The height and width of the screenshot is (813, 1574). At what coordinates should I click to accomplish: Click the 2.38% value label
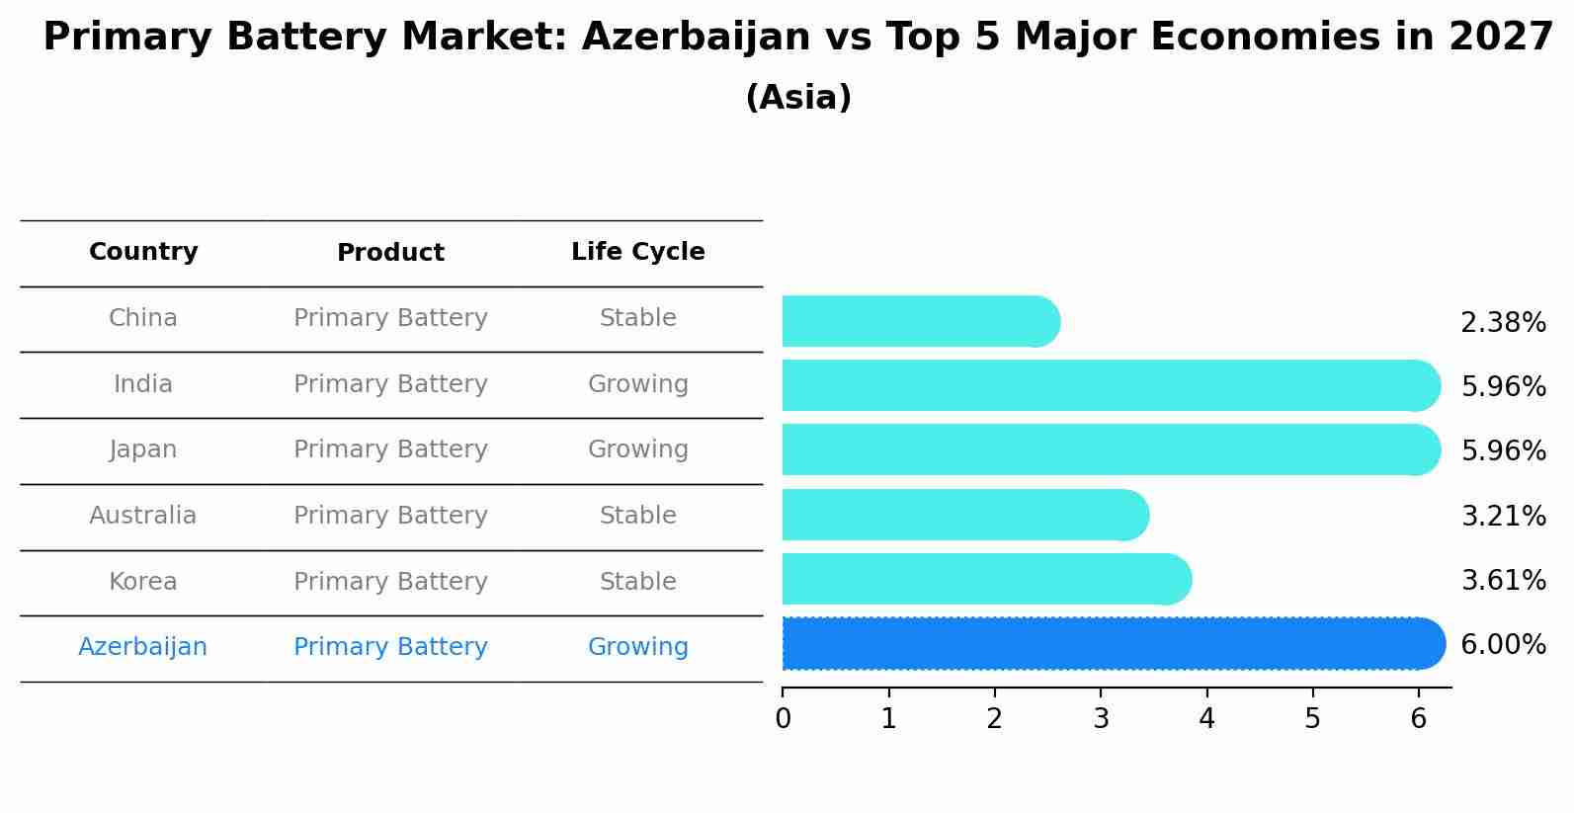(1502, 323)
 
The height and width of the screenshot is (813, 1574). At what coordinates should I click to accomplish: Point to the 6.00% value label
(1502, 645)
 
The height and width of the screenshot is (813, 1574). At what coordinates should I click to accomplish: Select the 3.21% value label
(1502, 516)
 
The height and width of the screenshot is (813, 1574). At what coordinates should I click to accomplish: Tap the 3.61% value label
(1502, 580)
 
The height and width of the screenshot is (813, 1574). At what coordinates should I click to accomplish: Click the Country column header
(143, 252)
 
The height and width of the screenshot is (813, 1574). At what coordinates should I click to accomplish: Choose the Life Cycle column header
(637, 252)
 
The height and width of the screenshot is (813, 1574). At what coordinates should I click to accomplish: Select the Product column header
(390, 253)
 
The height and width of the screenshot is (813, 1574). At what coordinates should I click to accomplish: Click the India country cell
(143, 384)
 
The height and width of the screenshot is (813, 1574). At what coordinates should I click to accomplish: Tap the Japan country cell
(143, 449)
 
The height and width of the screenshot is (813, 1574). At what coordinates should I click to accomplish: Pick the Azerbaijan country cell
(143, 647)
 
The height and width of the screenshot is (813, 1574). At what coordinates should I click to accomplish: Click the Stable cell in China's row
(637, 318)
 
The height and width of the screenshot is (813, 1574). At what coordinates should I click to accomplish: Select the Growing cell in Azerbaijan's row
(637, 647)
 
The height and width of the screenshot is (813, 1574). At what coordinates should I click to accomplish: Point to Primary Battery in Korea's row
(390, 582)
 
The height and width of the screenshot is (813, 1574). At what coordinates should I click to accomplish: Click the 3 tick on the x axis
(1101, 719)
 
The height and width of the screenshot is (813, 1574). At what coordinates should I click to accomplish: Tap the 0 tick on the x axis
(783, 719)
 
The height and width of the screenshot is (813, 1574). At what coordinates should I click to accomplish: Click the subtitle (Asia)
(797, 98)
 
